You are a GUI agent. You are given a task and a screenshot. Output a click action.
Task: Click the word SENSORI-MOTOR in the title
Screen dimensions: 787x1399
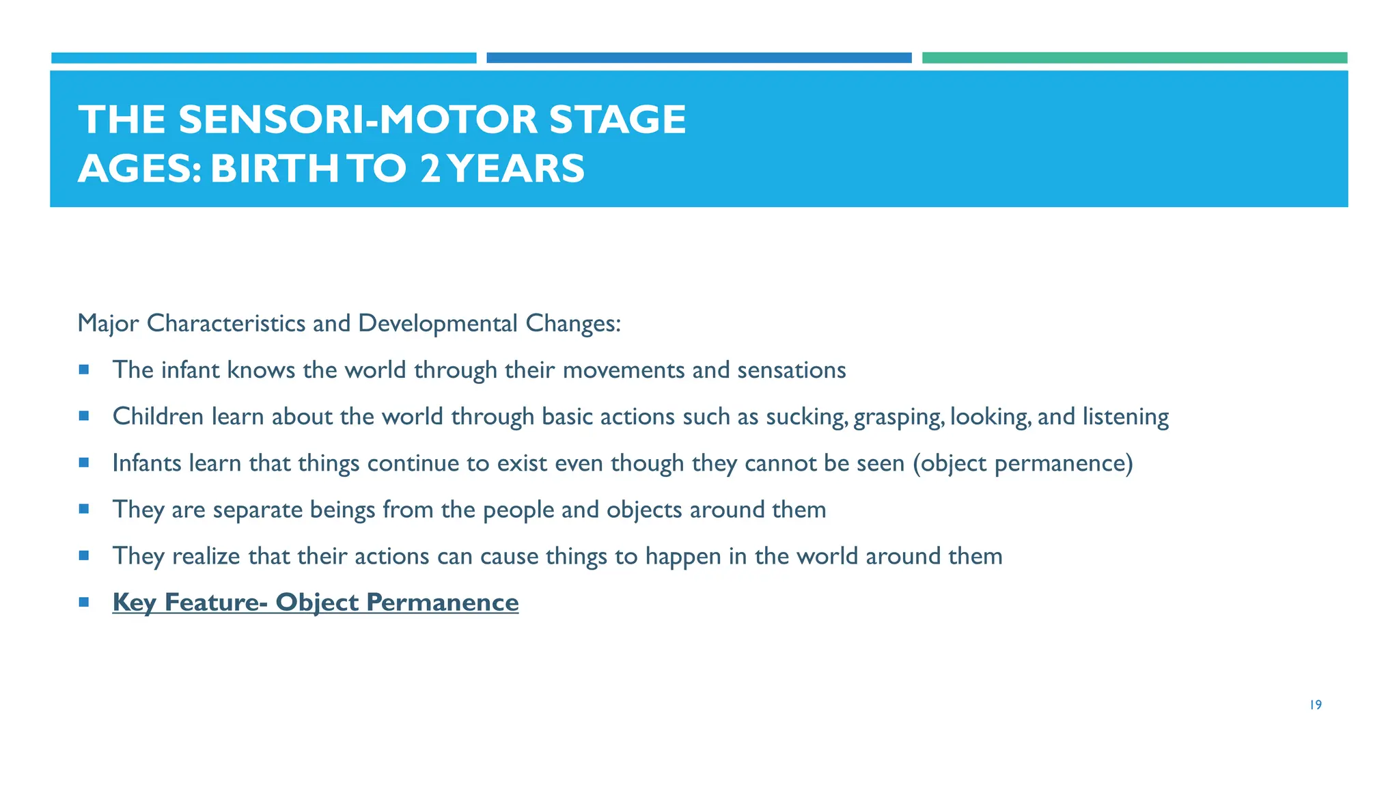point(358,120)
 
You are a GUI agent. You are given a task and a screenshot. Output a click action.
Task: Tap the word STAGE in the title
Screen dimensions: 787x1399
point(618,120)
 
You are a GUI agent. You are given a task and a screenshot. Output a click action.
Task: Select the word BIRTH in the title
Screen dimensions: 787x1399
point(274,169)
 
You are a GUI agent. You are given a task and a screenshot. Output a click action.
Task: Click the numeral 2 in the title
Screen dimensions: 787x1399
point(430,169)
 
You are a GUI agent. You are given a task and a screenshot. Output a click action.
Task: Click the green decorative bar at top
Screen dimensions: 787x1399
point(1134,58)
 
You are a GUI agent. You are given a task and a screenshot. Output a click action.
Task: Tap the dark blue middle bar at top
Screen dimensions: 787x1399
point(699,58)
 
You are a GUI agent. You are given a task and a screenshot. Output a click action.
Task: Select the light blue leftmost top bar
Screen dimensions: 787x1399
point(264,58)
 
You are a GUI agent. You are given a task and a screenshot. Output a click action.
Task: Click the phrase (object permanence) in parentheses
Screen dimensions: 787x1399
point(1023,463)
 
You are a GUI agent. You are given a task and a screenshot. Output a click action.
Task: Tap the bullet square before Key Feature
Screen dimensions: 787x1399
point(84,602)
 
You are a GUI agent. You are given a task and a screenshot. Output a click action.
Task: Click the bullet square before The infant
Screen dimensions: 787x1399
point(84,370)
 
